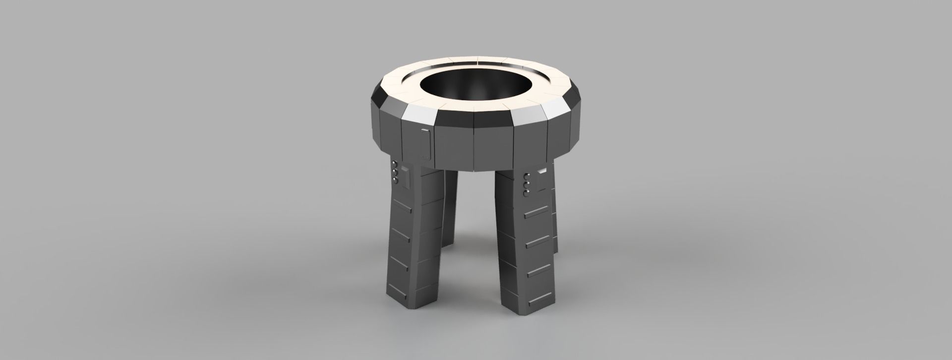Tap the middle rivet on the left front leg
click(395, 172)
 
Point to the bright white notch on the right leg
click(542, 171)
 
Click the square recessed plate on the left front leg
click(405, 178)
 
